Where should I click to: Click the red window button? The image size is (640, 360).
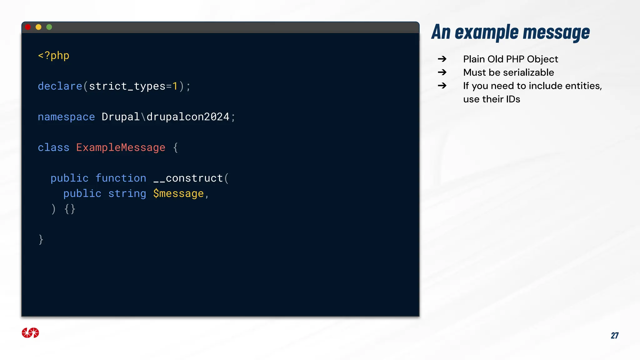click(28, 27)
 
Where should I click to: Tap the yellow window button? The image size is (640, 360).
click(38, 27)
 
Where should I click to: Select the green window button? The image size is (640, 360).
click(49, 27)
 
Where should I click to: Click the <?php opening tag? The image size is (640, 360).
click(53, 56)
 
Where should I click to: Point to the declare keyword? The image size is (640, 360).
click(60, 86)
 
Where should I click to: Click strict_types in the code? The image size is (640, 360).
click(127, 86)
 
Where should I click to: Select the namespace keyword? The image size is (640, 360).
click(66, 117)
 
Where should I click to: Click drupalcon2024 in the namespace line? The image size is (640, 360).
click(188, 117)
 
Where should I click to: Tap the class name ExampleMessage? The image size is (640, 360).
click(121, 147)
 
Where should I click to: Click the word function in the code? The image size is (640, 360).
click(121, 178)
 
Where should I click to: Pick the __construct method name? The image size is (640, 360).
click(188, 178)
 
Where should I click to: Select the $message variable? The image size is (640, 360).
click(178, 194)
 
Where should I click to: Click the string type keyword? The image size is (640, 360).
click(127, 194)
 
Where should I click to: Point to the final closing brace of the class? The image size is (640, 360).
click(41, 240)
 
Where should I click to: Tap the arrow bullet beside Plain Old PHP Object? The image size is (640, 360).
click(442, 59)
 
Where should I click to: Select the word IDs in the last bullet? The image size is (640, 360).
click(513, 99)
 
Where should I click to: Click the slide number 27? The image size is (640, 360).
click(614, 336)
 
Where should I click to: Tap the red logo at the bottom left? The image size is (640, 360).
click(30, 333)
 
